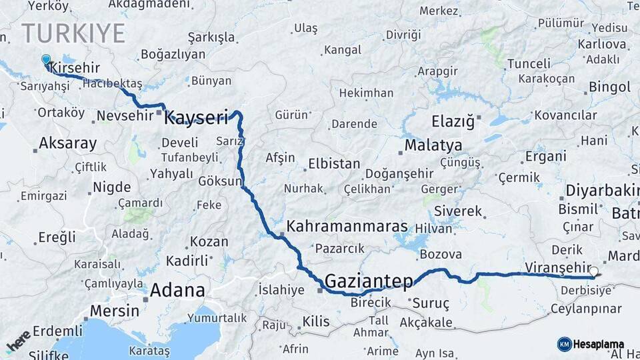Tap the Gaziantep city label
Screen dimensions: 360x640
pyautogui.click(x=369, y=281)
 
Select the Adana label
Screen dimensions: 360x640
pyautogui.click(x=177, y=290)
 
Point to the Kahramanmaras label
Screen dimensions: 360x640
pyautogui.click(x=347, y=227)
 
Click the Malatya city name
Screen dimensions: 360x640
pyautogui.click(x=433, y=145)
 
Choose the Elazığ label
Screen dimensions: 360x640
pyautogui.click(x=453, y=122)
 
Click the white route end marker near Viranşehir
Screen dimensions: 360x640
pyautogui.click(x=593, y=271)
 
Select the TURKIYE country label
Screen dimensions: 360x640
pyautogui.click(x=73, y=33)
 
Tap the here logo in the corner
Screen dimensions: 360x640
pyautogui.click(x=18, y=341)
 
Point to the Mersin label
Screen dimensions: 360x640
pyautogui.click(x=114, y=311)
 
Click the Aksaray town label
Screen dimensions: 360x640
pyautogui.click(x=67, y=143)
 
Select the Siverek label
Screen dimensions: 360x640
pyautogui.click(x=457, y=211)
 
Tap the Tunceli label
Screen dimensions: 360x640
pyautogui.click(x=529, y=64)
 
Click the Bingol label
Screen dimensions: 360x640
pyautogui.click(x=609, y=87)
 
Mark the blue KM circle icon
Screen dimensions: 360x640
pyautogui.click(x=565, y=344)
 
